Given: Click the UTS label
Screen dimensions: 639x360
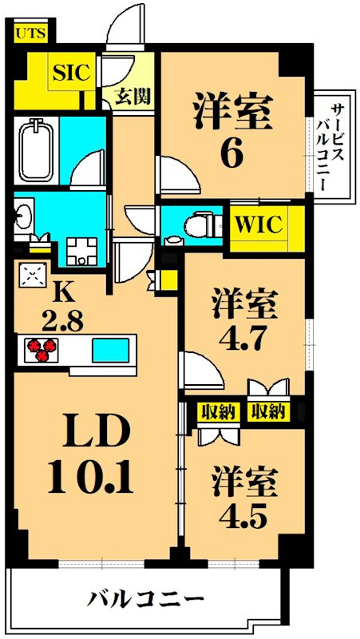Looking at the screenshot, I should pos(31,34).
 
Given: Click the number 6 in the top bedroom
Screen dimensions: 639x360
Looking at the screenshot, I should pos(230,154).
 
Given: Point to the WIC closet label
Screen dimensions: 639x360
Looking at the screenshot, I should pos(258,225).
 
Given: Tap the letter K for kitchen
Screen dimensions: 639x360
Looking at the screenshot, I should pos(61,293).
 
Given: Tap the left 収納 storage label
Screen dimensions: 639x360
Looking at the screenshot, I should pos(216,412).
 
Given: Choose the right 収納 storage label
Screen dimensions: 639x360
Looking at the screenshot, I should pos(267,412).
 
